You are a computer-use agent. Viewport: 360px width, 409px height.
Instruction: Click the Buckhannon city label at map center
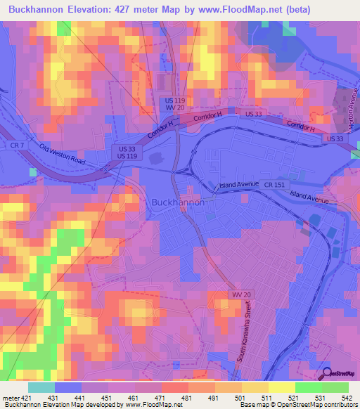179,202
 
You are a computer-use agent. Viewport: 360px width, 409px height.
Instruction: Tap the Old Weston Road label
62,155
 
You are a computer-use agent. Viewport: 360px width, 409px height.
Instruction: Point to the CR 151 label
275,184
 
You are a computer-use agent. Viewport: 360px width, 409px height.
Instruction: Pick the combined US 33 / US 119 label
127,152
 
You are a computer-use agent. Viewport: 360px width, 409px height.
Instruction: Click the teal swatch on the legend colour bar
41,387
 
